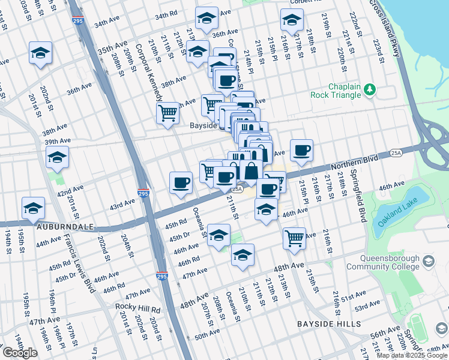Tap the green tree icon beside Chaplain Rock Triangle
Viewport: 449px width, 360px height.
tap(370, 89)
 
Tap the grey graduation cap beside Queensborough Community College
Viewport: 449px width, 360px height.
tap(428, 261)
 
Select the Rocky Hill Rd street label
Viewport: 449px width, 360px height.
tap(139, 309)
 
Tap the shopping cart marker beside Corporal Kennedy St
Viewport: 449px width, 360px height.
tap(167, 112)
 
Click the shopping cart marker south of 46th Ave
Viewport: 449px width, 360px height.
tap(294, 238)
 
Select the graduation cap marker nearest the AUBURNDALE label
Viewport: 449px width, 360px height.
tap(34, 208)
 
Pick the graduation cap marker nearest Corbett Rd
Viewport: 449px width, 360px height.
tap(292, 21)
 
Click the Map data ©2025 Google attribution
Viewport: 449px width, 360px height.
tap(411, 355)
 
